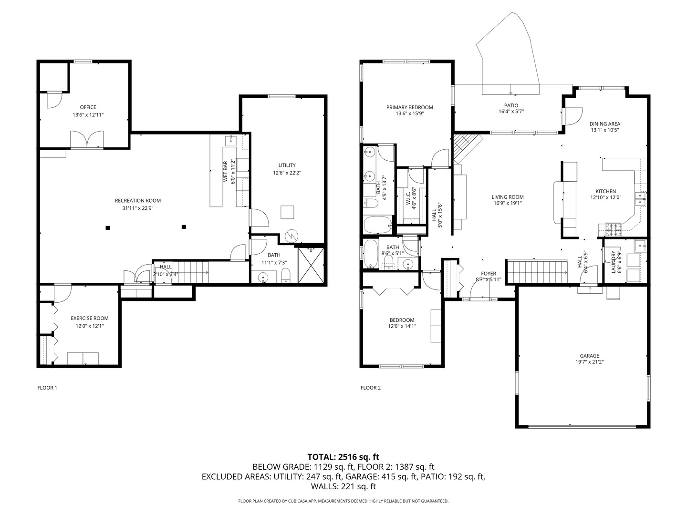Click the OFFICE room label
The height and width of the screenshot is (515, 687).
(x=88, y=107)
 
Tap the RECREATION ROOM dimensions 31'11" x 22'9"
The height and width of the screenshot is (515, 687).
(x=137, y=208)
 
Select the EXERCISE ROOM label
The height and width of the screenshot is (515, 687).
(x=90, y=318)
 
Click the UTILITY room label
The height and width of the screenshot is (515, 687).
(x=287, y=165)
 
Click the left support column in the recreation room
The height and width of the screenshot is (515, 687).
(x=108, y=227)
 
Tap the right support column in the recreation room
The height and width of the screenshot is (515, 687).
(x=184, y=227)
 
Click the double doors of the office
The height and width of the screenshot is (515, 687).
(x=86, y=140)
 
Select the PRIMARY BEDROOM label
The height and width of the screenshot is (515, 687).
(x=410, y=107)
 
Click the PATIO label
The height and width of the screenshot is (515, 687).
(x=511, y=105)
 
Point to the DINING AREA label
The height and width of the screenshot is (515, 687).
(x=604, y=124)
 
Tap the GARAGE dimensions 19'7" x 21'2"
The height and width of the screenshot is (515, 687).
(x=589, y=362)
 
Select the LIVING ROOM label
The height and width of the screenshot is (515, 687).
(x=508, y=197)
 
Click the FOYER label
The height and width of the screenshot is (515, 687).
(x=489, y=274)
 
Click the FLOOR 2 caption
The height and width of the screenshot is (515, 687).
(x=371, y=388)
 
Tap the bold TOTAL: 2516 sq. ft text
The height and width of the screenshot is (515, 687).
(x=343, y=457)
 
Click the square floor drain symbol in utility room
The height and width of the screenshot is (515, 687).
(x=287, y=212)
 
